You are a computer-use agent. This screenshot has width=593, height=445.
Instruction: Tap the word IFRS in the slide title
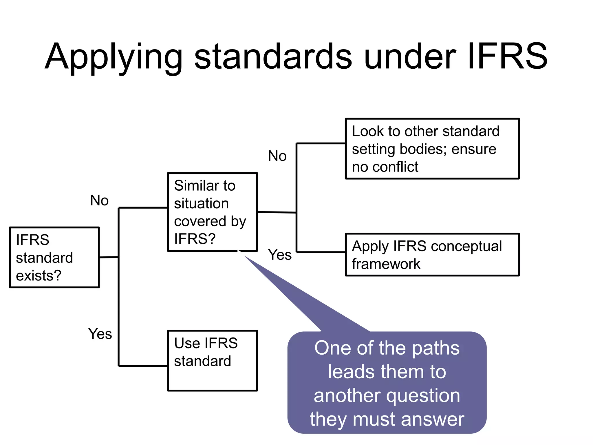click(507, 56)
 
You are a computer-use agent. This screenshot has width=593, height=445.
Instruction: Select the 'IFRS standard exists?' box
click(54, 257)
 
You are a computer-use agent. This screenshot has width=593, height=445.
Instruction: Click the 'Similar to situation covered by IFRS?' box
click(212, 212)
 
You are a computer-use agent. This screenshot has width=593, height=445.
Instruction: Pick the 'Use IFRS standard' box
click(212, 361)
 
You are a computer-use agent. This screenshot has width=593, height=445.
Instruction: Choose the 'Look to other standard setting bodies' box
click(432, 149)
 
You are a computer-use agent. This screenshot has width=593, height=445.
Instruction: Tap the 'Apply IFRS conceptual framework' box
click(432, 255)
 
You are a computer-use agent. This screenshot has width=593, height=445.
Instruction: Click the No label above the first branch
click(99, 200)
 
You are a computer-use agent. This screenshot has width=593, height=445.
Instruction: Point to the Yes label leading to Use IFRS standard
click(100, 334)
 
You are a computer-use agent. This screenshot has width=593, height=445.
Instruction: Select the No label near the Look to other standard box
click(277, 156)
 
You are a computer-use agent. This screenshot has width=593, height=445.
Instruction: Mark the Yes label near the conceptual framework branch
click(279, 255)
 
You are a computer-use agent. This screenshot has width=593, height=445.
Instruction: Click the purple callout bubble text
click(387, 383)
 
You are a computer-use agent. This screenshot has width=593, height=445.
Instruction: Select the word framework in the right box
click(386, 264)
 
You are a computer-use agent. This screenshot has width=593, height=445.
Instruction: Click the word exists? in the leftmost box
click(39, 276)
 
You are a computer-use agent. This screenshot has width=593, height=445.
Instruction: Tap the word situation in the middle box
click(201, 203)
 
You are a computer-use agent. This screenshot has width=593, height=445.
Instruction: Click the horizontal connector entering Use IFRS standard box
click(143, 366)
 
